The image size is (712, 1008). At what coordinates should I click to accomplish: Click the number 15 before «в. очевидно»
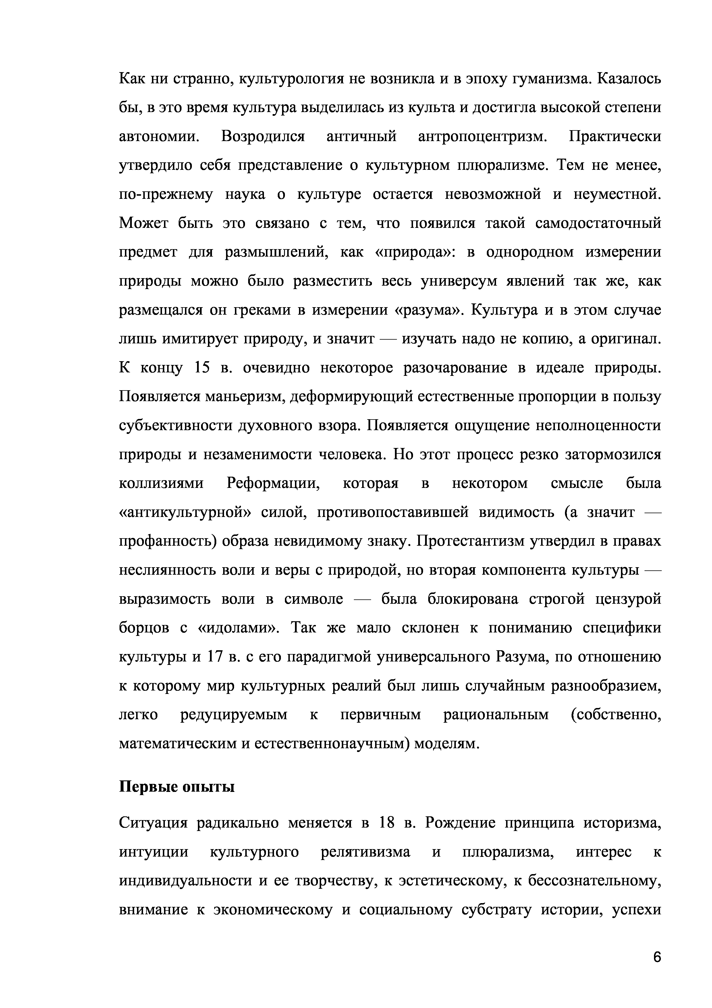[x=202, y=368]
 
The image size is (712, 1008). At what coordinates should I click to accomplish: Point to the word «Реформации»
[x=273, y=483]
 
